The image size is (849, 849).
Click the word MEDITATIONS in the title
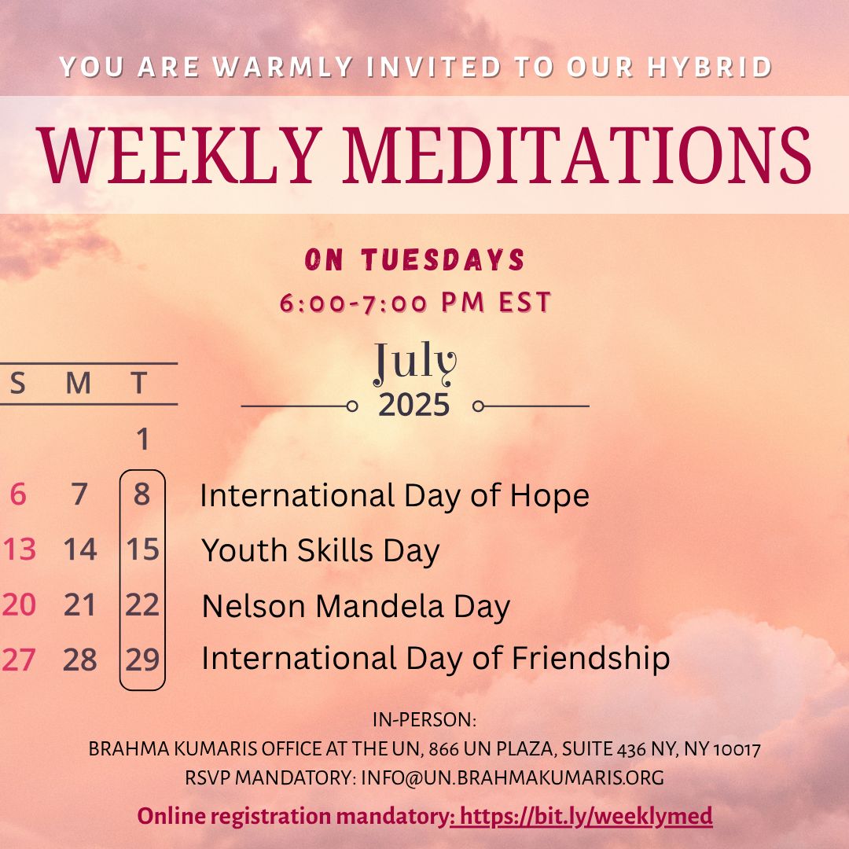(577, 156)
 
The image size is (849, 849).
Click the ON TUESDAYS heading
(415, 259)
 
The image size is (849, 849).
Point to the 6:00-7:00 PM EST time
(415, 302)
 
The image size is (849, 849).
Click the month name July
(415, 362)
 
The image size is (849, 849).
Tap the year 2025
(414, 405)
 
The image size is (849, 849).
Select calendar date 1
(142, 439)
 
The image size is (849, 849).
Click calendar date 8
(141, 494)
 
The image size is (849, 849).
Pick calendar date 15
(142, 549)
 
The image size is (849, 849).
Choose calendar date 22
(142, 605)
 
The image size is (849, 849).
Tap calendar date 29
(142, 660)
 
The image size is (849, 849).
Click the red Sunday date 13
(20, 549)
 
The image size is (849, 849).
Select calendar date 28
(80, 660)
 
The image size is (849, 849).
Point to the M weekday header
(79, 384)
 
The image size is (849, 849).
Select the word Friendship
(590, 659)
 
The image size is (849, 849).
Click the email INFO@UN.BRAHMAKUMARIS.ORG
(513, 777)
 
